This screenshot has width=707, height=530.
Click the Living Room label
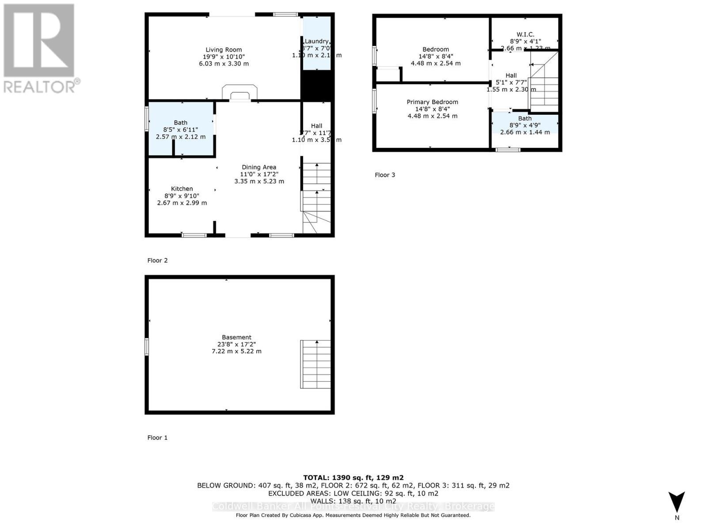[x=224, y=50]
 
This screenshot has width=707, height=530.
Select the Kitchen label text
[x=182, y=189]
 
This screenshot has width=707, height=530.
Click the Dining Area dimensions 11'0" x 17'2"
[x=259, y=174]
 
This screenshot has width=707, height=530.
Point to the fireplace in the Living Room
[x=239, y=93]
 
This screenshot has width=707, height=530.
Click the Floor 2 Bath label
[x=180, y=122]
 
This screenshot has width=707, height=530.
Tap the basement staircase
[x=315, y=364]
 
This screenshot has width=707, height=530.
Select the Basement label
[x=237, y=337]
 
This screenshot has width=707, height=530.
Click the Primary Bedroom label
[x=432, y=102]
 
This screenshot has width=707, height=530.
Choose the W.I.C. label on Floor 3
[x=525, y=34]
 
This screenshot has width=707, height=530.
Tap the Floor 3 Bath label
[x=525, y=118]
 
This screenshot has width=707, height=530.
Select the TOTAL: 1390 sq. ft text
[x=353, y=477]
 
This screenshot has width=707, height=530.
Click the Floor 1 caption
[x=157, y=437]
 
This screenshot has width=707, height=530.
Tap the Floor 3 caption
[x=385, y=174]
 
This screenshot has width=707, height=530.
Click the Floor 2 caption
[x=157, y=260]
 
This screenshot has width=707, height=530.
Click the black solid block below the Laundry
[x=317, y=86]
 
